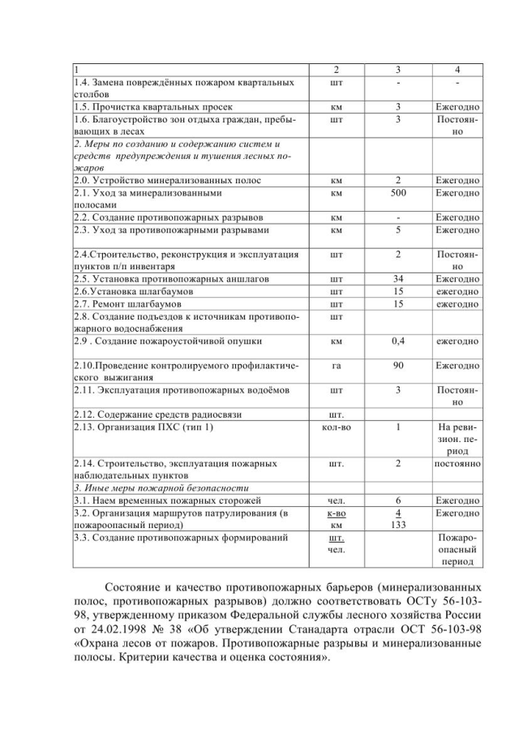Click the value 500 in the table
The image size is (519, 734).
click(399, 194)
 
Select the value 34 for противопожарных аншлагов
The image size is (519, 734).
click(399, 278)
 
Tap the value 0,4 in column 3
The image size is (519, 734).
click(399, 341)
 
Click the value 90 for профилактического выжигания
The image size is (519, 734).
click(399, 366)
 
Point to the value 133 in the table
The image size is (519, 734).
click(399, 525)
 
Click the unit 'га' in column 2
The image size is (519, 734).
click(336, 366)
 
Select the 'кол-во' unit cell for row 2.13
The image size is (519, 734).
click(336, 427)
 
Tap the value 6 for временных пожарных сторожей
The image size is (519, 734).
click(399, 500)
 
